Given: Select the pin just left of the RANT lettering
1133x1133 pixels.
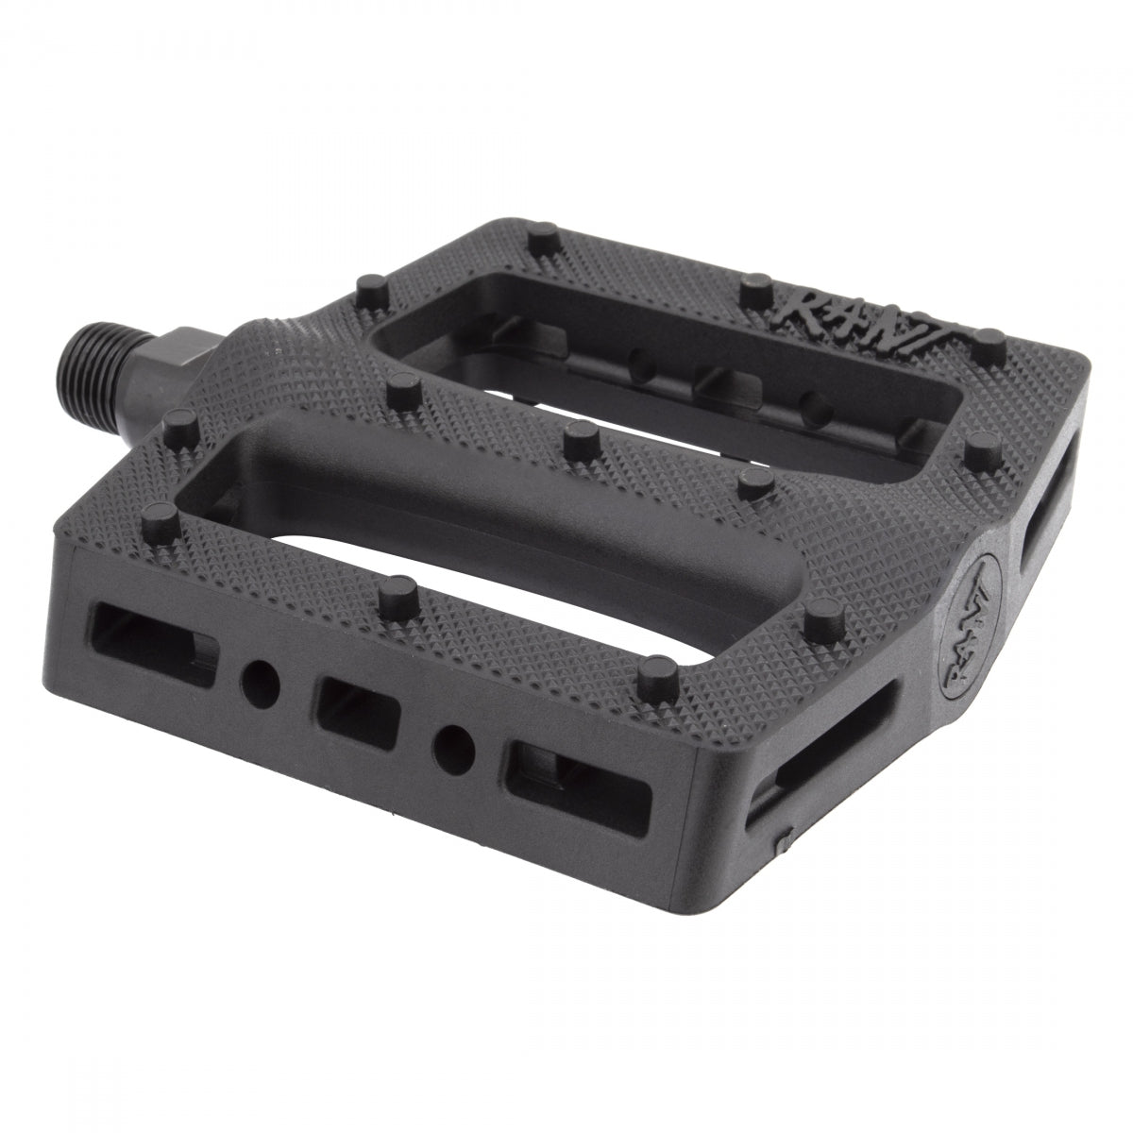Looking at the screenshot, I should [755, 287].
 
